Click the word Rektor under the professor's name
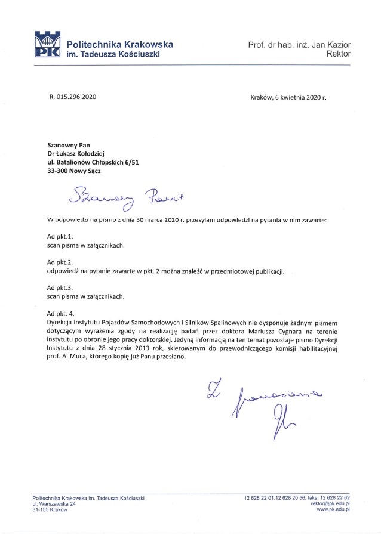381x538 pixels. pos(339,54)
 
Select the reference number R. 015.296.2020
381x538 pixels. pos(72,97)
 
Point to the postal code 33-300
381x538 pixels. pos(58,171)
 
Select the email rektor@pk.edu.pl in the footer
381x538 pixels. pos(330,504)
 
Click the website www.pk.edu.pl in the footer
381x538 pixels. pos(333,510)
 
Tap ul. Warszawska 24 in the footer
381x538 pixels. pos(54,504)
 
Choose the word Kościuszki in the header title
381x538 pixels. pos(139,54)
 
